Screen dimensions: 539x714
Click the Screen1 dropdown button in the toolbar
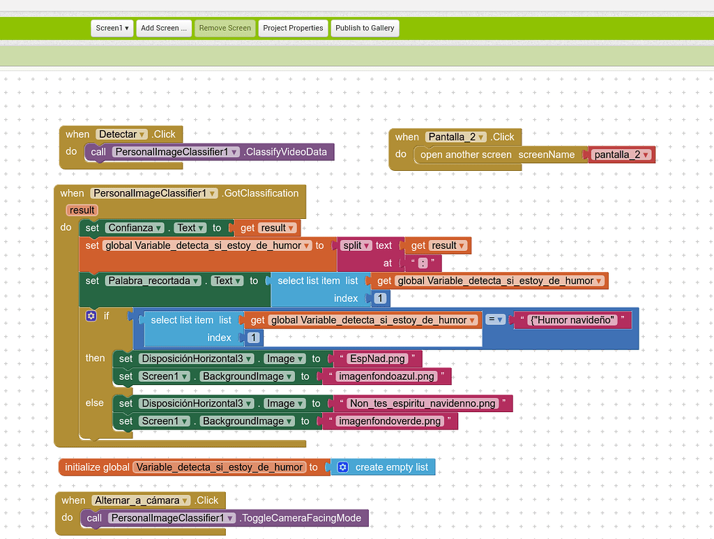tap(112, 28)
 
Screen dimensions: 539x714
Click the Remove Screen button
tap(225, 28)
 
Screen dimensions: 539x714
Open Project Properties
tap(293, 28)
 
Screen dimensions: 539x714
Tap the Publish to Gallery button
tap(365, 28)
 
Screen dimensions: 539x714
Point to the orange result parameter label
tap(82, 210)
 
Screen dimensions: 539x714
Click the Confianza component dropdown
tap(135, 227)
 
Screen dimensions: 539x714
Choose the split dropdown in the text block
tap(356, 245)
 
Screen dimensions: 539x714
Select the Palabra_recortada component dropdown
tap(153, 280)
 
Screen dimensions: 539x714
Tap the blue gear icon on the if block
tap(91, 316)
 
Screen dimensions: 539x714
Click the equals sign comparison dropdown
tap(495, 319)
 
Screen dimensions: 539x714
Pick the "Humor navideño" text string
tap(573, 320)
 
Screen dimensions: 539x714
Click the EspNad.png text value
tap(377, 358)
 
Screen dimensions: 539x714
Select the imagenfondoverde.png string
tap(389, 421)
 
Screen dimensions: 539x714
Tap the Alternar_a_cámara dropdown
tap(139, 500)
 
